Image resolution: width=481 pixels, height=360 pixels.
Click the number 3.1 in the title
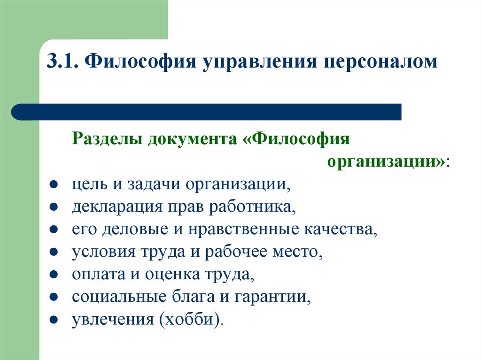point(63,62)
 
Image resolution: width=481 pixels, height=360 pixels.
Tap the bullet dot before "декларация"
point(54,207)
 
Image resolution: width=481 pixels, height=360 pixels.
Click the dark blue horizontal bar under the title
point(207,112)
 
